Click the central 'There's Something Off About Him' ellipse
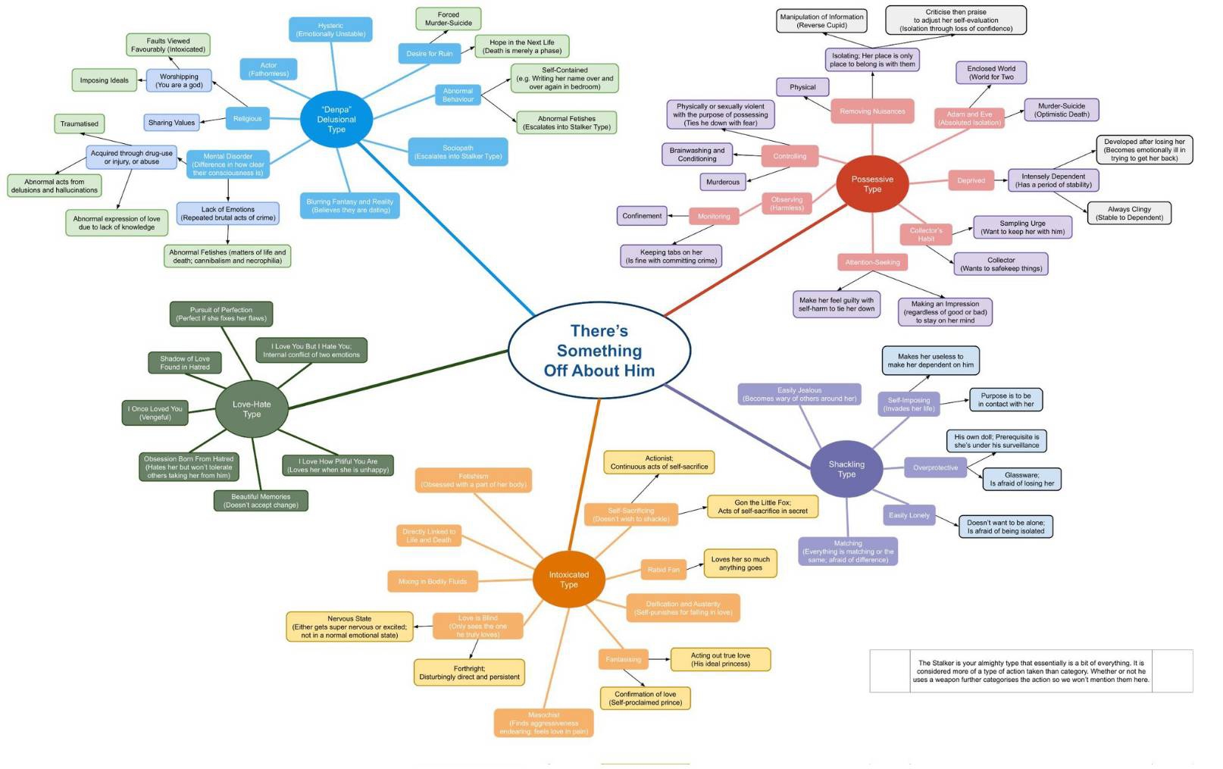tap(599, 350)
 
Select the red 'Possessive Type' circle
tap(871, 184)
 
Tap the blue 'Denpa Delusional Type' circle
tap(336, 120)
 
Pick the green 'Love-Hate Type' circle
tap(252, 409)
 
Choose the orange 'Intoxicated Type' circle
tap(568, 580)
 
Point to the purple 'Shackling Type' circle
tap(846, 469)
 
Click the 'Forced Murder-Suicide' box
tap(448, 19)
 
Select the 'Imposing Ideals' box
tap(104, 80)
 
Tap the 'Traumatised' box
tap(79, 123)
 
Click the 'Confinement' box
tap(642, 216)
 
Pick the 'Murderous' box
tap(722, 182)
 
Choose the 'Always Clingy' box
tap(1128, 213)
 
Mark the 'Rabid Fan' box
tap(663, 570)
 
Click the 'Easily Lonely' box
tap(909, 515)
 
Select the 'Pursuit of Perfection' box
tap(221, 314)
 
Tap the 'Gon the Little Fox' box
tap(762, 506)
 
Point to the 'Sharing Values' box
tap(171, 123)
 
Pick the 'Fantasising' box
tap(623, 659)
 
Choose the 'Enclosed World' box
tap(990, 73)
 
